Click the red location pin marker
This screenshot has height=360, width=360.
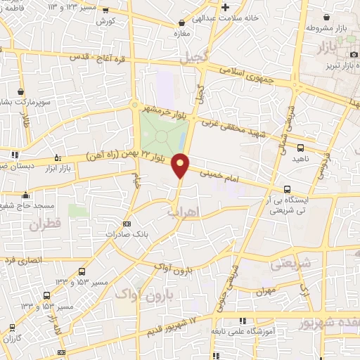(x=181, y=165)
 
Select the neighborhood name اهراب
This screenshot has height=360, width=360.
(x=184, y=211)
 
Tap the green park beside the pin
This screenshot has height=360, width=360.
(x=162, y=131)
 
